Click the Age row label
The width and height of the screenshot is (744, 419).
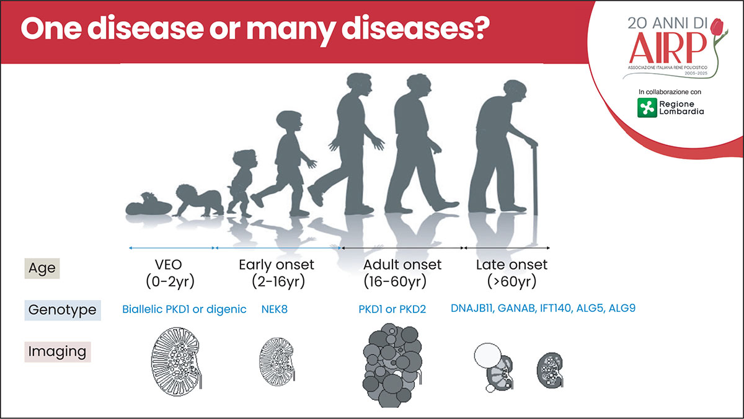point(42,268)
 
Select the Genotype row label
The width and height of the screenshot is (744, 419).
point(63,310)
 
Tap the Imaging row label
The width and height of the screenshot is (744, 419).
point(58,351)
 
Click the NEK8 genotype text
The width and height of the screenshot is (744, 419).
point(274,309)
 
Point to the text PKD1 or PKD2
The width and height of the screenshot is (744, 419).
point(392,309)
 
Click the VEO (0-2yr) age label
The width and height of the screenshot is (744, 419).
point(170,273)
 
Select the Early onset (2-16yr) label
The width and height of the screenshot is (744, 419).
point(277,273)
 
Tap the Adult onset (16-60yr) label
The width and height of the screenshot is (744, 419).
point(402,273)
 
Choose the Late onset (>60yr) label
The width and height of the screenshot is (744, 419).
point(511,273)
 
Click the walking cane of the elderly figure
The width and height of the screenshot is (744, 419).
point(534,179)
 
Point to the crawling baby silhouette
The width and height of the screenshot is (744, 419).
point(198,201)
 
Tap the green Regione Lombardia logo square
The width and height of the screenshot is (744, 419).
point(647,108)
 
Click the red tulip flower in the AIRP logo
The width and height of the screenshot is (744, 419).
point(717,26)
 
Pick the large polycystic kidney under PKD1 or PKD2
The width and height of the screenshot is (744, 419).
point(392,365)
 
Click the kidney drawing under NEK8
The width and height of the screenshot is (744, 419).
point(277,361)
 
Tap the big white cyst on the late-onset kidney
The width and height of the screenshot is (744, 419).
point(487,355)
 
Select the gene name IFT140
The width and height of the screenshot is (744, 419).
point(556,309)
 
